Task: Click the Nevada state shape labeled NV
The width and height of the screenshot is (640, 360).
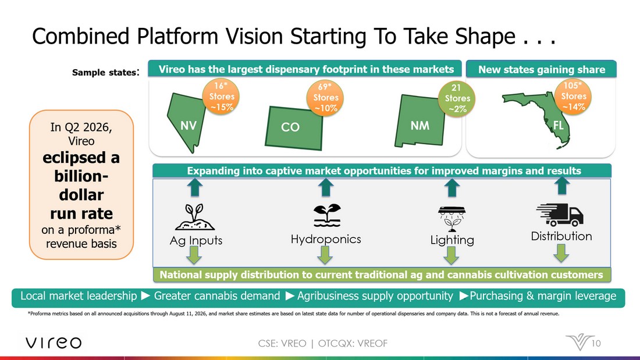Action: tap(186, 123)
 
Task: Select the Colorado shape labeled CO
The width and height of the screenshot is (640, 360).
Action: tap(293, 128)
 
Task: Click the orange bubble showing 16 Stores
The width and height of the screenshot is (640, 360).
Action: tap(221, 97)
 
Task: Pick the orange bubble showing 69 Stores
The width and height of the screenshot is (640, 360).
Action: tap(325, 98)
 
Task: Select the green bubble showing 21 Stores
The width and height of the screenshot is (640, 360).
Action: tap(457, 98)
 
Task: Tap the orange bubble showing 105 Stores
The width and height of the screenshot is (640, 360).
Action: tap(573, 96)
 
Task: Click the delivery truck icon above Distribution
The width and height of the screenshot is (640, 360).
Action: tap(560, 215)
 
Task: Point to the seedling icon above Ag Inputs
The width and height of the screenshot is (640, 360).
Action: tap(195, 217)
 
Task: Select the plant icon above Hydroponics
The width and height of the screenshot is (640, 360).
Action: tap(326, 215)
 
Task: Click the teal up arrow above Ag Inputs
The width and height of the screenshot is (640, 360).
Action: tap(195, 188)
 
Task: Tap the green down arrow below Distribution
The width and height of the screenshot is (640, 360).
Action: tap(561, 253)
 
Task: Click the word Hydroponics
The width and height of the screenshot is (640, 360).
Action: tap(326, 239)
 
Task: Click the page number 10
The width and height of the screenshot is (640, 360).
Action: tap(596, 343)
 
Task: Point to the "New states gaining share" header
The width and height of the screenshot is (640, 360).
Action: tap(541, 69)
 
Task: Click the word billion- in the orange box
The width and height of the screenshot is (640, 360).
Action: tap(81, 176)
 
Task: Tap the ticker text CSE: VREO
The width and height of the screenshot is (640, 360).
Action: tap(282, 343)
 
